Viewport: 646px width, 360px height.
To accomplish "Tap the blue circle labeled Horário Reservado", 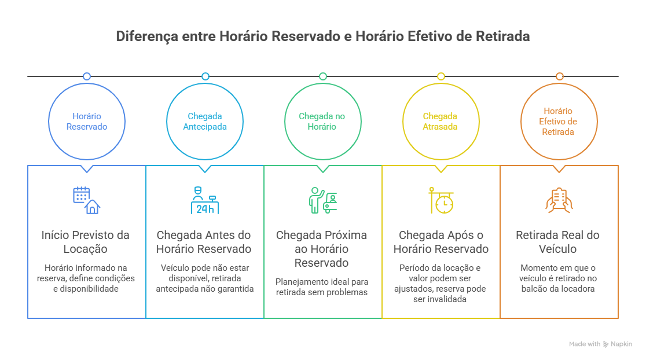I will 87,122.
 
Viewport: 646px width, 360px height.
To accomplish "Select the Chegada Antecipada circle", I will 205,122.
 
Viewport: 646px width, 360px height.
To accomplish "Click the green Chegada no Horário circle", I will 322,122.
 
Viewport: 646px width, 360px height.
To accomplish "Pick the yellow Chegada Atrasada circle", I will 441,122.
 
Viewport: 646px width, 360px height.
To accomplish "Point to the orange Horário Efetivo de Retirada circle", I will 559,122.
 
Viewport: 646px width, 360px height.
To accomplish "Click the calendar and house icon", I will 86,200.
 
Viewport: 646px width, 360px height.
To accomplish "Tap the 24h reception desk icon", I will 205,200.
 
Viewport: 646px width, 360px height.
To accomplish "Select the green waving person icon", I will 322,200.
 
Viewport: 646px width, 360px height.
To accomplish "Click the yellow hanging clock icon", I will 441,200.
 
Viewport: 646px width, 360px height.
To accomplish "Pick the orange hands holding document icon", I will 559,200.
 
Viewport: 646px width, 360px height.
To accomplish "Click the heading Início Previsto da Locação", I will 86,242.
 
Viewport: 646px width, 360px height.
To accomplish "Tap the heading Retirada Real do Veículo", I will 559,242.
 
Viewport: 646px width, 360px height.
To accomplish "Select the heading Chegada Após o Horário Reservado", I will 441,242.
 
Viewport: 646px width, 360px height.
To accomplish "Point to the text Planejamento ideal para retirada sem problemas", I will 322,286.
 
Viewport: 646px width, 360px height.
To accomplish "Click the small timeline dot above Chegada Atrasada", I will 441,76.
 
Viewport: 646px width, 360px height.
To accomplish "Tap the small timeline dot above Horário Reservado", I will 87,76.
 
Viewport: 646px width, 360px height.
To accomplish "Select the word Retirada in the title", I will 502,36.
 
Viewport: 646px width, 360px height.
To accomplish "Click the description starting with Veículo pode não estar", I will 205,278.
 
